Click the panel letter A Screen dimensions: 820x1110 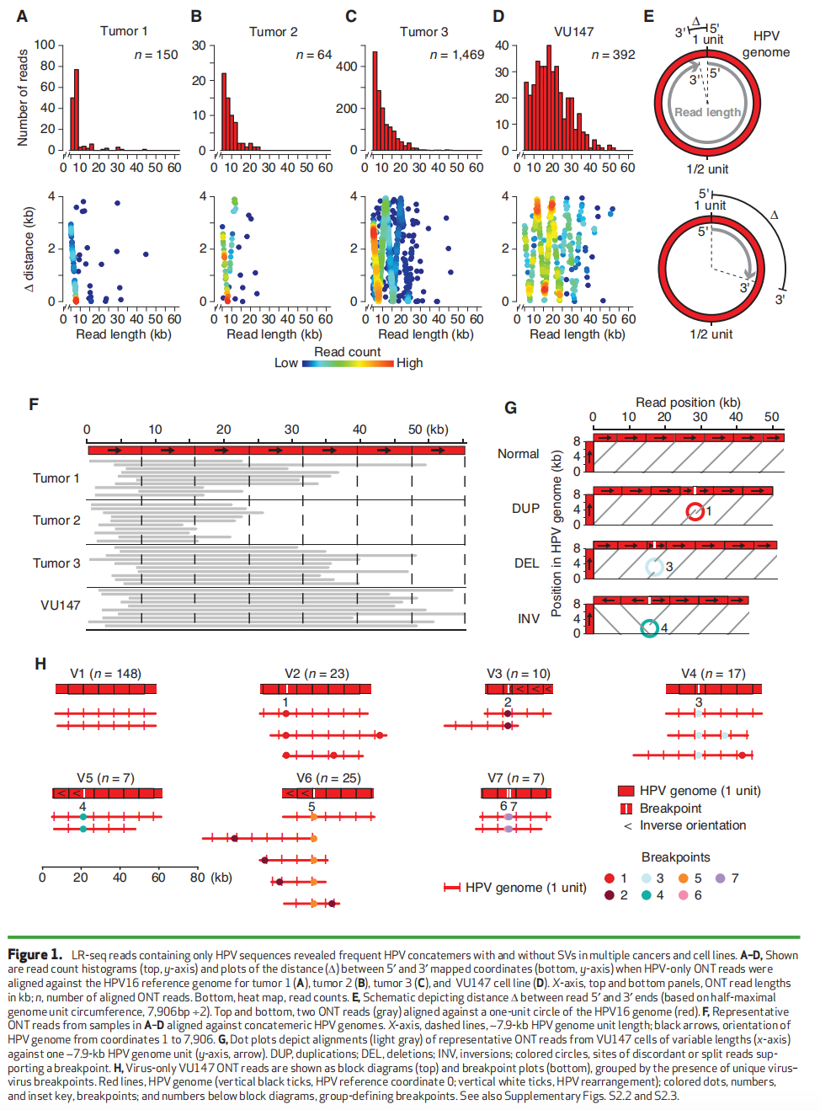coord(22,16)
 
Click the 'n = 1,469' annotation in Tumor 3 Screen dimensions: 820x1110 coord(457,55)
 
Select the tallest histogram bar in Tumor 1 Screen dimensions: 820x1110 coord(77,109)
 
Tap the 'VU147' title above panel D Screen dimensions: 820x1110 coord(573,31)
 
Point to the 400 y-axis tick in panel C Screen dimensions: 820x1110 coord(346,66)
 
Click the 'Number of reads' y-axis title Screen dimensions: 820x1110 coord(23,98)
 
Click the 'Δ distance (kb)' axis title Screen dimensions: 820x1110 coord(29,248)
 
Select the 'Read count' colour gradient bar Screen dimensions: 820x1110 coord(348,363)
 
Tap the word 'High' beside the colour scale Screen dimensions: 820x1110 coord(409,363)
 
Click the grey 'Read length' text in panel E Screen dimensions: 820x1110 coord(707,113)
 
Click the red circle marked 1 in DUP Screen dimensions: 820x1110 coord(695,511)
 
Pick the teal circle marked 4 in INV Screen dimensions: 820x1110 coord(649,628)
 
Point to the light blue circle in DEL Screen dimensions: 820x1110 coord(654,567)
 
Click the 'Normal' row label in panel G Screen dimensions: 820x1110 coord(518,454)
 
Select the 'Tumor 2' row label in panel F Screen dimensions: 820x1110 coord(56,520)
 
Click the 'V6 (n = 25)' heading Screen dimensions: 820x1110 coord(328,778)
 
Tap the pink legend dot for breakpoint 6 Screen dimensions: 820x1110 coord(683,894)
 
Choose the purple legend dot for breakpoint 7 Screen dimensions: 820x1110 coord(720,878)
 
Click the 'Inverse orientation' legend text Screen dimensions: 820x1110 coord(692,825)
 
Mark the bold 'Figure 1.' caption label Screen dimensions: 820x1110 coord(35,955)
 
